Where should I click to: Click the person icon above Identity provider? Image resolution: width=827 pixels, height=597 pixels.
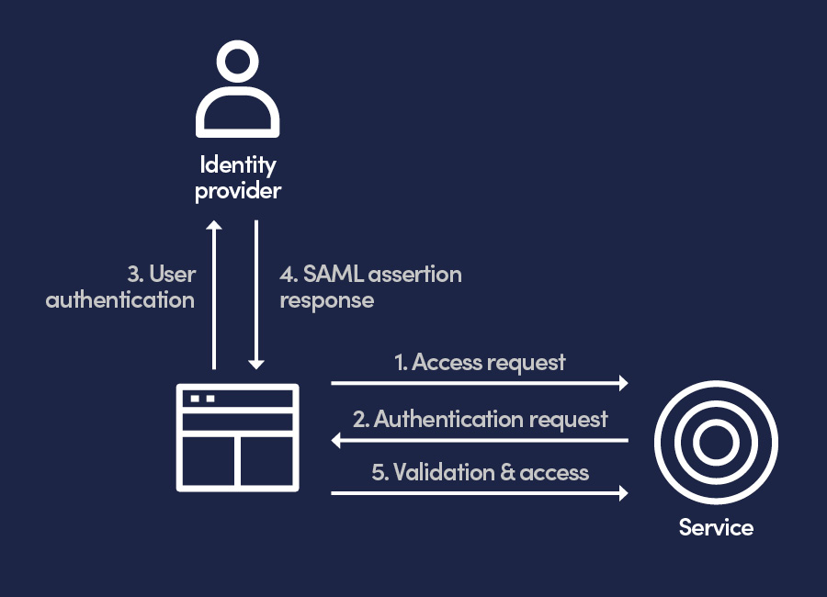(237, 92)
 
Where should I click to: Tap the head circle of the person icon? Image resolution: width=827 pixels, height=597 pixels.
(237, 64)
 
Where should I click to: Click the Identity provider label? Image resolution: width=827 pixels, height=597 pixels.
(238, 178)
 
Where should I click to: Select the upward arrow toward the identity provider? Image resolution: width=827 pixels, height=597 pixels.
(214, 294)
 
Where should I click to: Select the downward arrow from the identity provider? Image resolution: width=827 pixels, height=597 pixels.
(256, 294)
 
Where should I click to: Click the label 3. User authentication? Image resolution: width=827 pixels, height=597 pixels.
(120, 287)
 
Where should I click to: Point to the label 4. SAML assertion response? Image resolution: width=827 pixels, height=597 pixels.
(370, 287)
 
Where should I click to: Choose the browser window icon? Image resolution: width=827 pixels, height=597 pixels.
(238, 435)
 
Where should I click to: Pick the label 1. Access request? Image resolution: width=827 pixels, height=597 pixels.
(480, 362)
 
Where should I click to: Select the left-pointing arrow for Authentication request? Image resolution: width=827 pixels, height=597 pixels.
(479, 441)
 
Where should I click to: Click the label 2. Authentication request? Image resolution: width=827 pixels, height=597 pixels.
(480, 419)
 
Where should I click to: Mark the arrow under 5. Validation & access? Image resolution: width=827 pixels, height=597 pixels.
(479, 493)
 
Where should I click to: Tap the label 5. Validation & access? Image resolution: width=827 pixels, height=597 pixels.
(480, 472)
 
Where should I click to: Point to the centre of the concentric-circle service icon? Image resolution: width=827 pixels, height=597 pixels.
(716, 443)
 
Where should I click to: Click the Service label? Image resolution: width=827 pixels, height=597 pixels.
(716, 528)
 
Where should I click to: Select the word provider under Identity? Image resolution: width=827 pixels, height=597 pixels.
(238, 191)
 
